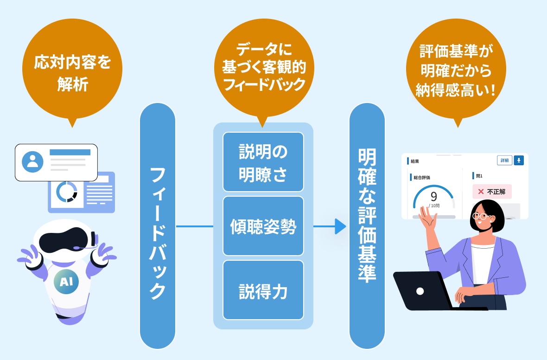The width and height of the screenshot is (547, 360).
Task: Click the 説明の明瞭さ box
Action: (x=263, y=162)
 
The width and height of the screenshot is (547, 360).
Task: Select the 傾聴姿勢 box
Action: (x=263, y=226)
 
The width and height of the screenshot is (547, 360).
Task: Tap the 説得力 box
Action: (x=263, y=290)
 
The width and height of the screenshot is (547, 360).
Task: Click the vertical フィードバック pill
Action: (x=158, y=226)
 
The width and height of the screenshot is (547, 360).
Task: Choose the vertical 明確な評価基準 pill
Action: (x=367, y=226)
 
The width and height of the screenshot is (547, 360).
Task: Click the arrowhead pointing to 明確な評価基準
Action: (x=341, y=226)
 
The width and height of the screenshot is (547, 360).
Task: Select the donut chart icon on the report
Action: (x=66, y=192)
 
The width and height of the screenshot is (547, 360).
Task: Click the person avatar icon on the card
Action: (x=32, y=161)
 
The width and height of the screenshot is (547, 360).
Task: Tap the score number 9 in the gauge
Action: (x=433, y=197)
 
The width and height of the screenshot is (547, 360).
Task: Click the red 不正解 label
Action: (x=492, y=191)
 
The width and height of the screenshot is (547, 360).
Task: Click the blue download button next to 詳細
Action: (x=519, y=160)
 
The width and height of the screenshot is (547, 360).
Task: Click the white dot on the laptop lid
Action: (x=420, y=291)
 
